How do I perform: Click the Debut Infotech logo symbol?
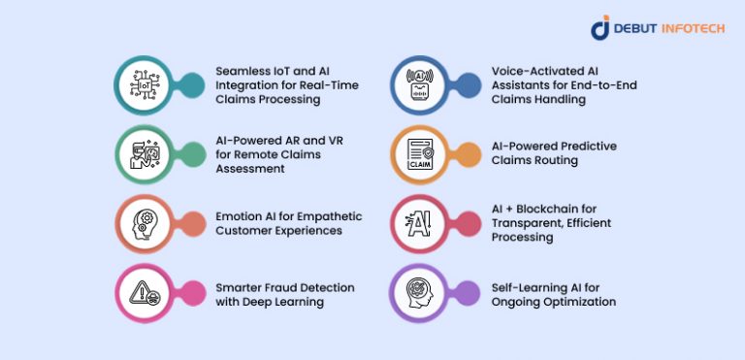599,27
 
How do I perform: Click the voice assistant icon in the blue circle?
422,85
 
